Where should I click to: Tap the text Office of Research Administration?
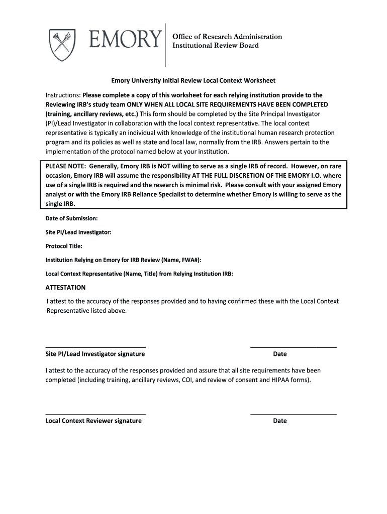(x=227, y=37)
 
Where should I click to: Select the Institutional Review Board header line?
(x=216, y=46)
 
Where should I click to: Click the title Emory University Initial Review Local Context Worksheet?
(x=193, y=80)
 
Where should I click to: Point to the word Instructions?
(x=63, y=95)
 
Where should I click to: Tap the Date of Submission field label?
(x=71, y=218)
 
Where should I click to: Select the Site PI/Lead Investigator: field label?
(x=78, y=232)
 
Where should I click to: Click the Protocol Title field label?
(x=64, y=246)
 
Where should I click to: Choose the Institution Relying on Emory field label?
(x=123, y=260)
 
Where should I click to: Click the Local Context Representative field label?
(x=139, y=274)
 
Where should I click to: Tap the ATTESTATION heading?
(x=65, y=288)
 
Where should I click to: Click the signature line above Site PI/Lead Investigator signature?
(x=95, y=347)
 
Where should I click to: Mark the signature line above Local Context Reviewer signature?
(x=95, y=414)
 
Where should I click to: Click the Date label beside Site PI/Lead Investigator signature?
(x=280, y=354)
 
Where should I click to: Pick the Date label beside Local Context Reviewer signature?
(x=280, y=421)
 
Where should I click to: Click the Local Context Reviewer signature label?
(x=93, y=421)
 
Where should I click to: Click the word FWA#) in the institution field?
(x=191, y=260)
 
